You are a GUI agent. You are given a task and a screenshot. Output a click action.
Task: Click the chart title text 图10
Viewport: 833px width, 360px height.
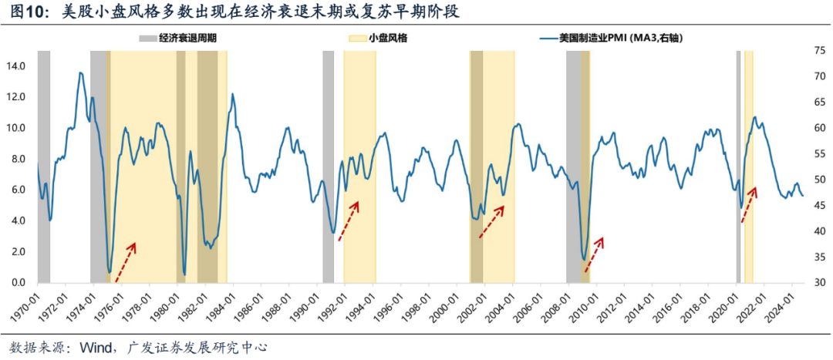[x=26, y=12]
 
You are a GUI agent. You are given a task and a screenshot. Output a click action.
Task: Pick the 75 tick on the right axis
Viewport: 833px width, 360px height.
[x=819, y=50]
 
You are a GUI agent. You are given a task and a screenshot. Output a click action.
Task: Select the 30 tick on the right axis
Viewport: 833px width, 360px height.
[x=819, y=283]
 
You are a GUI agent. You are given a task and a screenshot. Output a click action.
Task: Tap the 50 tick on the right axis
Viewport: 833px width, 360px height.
[x=819, y=180]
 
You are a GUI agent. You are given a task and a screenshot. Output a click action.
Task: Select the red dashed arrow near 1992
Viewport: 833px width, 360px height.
[x=349, y=220]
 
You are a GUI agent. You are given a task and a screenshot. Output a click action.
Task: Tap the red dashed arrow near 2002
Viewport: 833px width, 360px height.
[x=491, y=221]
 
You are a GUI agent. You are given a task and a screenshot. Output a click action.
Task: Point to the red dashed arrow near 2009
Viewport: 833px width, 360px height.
[x=593, y=254]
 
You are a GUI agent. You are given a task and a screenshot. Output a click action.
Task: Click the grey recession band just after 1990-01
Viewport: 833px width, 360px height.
[x=328, y=166]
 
